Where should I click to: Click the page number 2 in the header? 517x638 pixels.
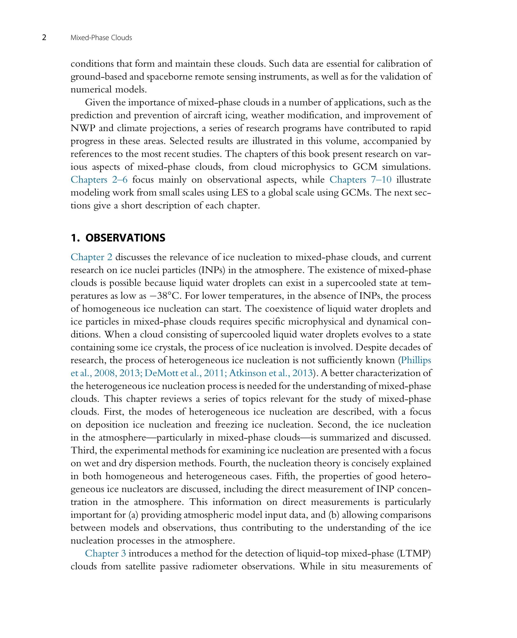44,38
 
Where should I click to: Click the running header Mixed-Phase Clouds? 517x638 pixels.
101,38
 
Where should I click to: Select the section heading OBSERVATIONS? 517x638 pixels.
125,238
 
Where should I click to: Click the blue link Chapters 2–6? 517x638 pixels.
99,180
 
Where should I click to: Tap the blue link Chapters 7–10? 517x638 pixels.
360,180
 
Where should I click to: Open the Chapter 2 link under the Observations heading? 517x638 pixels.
91,257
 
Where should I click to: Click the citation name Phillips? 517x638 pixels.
416,360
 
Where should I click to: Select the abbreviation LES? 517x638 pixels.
239,192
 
